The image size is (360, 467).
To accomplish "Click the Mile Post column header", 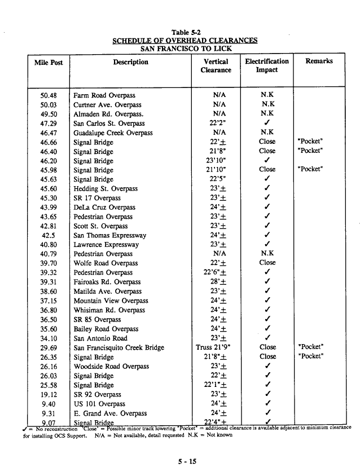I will click(49, 63).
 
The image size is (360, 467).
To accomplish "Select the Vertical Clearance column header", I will click(216, 66).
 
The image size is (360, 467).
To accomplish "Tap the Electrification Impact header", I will click(267, 65).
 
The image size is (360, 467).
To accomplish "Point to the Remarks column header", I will click(319, 61).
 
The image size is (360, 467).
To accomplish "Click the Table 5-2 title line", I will click(186, 32).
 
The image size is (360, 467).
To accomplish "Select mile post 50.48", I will click(49, 95).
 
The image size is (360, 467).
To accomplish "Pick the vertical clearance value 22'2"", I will click(216, 124).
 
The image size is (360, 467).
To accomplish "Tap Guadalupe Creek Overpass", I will click(113, 133).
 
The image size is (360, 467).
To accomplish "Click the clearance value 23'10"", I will click(216, 161).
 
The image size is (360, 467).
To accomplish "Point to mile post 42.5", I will click(49, 235).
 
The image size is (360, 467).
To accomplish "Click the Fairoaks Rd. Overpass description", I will click(107, 282).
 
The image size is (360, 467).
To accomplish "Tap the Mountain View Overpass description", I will click(111, 301).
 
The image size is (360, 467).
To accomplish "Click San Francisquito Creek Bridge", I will click(119, 347).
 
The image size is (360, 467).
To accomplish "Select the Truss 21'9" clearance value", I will click(216, 347).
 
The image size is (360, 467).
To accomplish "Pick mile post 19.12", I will click(49, 394).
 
